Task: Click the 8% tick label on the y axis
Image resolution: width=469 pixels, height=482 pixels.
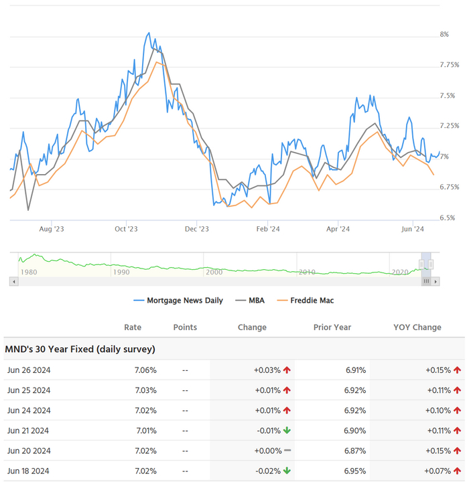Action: [x=444, y=34]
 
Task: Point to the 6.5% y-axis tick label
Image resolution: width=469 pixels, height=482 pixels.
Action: [x=448, y=218]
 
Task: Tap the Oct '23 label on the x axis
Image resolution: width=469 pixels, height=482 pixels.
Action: [x=126, y=229]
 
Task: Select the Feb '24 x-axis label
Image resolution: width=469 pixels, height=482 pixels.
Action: [x=268, y=229]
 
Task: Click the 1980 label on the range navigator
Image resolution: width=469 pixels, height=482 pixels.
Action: [x=29, y=272]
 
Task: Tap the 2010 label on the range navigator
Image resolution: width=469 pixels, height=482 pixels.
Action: [x=307, y=272]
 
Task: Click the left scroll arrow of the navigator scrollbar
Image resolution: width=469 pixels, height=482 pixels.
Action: [x=13, y=282]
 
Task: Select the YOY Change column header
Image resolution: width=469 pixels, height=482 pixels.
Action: [x=417, y=327]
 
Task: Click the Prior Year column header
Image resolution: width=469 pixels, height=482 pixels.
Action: [x=332, y=327]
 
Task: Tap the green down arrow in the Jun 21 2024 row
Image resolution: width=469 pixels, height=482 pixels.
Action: [x=287, y=430]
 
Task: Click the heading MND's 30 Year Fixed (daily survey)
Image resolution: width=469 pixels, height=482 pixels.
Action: [x=80, y=349]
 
